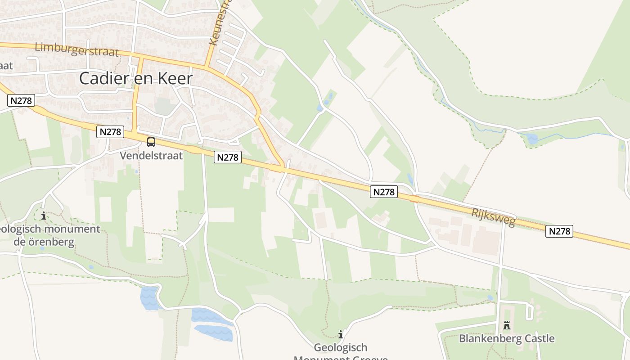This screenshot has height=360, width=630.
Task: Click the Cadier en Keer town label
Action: [x=136, y=78]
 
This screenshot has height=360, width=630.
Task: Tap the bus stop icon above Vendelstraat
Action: [x=151, y=142]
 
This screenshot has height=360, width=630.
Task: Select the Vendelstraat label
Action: [x=151, y=156]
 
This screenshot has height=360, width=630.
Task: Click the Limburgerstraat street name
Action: [x=76, y=49]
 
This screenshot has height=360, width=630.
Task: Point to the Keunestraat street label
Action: [x=220, y=22]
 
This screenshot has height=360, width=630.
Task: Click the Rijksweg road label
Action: [x=493, y=217]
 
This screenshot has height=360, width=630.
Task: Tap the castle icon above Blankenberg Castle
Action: [x=507, y=325]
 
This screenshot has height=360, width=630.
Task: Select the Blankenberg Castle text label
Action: [x=507, y=338]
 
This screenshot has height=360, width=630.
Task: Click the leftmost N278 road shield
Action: [x=21, y=100]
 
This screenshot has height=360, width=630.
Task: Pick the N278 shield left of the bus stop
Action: [x=110, y=132]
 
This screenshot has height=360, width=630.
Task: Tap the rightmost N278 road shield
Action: [x=559, y=231]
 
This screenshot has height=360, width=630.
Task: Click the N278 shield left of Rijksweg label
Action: [x=384, y=192]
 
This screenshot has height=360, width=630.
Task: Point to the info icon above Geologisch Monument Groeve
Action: [x=341, y=334]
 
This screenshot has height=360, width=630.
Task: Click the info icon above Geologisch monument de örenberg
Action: [x=44, y=216]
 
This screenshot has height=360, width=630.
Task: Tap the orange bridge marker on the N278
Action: [x=415, y=199]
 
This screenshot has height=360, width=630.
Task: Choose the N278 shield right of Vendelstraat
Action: [x=228, y=157]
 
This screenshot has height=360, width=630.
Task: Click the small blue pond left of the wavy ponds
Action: [x=148, y=298]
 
